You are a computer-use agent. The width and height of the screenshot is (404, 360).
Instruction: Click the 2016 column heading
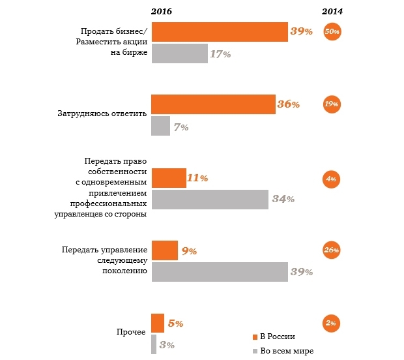[162, 11]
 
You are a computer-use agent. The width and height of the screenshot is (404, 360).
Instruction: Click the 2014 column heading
[332, 11]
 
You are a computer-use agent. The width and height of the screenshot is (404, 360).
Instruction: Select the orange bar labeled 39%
[220, 32]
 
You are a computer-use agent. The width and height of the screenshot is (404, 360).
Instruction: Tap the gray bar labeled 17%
[180, 53]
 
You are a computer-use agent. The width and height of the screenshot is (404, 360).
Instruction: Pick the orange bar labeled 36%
[213, 104]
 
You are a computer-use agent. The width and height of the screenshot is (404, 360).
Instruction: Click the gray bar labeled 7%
[160, 126]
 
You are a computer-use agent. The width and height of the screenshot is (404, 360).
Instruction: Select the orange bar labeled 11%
[169, 178]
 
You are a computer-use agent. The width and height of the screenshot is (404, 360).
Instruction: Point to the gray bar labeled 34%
[210, 200]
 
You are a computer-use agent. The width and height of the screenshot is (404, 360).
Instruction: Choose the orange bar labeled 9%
[165, 250]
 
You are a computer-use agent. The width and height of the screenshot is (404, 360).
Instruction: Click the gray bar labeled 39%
[220, 272]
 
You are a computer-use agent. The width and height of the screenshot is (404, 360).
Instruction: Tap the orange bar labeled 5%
[158, 323]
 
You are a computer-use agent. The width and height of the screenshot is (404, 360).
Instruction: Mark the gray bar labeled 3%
[154, 344]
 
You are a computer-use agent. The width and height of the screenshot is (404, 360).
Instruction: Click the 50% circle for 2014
[332, 32]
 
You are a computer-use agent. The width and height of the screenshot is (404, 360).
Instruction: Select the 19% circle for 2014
[332, 104]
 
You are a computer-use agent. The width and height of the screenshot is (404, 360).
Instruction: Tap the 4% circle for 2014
[331, 179]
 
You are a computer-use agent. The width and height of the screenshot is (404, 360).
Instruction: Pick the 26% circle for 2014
[332, 250]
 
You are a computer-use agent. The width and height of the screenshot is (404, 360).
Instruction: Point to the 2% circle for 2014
[331, 323]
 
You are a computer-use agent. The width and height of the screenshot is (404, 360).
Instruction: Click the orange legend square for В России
[255, 337]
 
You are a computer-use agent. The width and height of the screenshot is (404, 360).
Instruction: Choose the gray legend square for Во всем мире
[255, 352]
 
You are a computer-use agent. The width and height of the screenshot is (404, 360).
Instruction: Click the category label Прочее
[131, 332]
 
